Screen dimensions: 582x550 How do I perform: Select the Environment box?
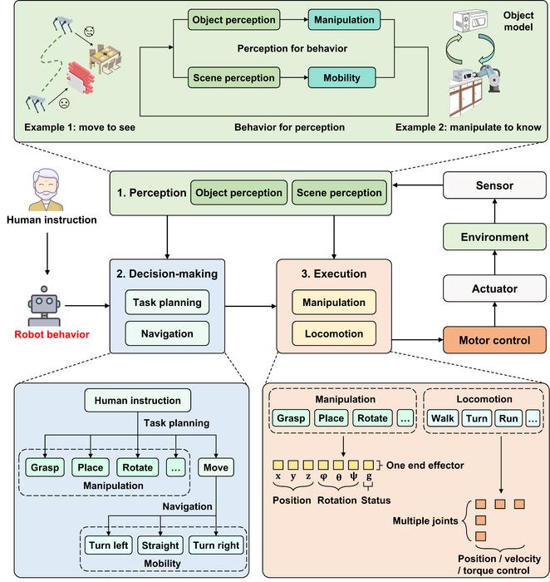[495, 238]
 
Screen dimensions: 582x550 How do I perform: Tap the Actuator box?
[495, 289]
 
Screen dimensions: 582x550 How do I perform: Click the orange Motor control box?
[495, 339]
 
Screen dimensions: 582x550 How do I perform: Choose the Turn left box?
[110, 545]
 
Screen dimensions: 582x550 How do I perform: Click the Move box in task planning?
[216, 466]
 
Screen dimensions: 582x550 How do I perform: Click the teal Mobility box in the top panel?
[342, 78]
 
